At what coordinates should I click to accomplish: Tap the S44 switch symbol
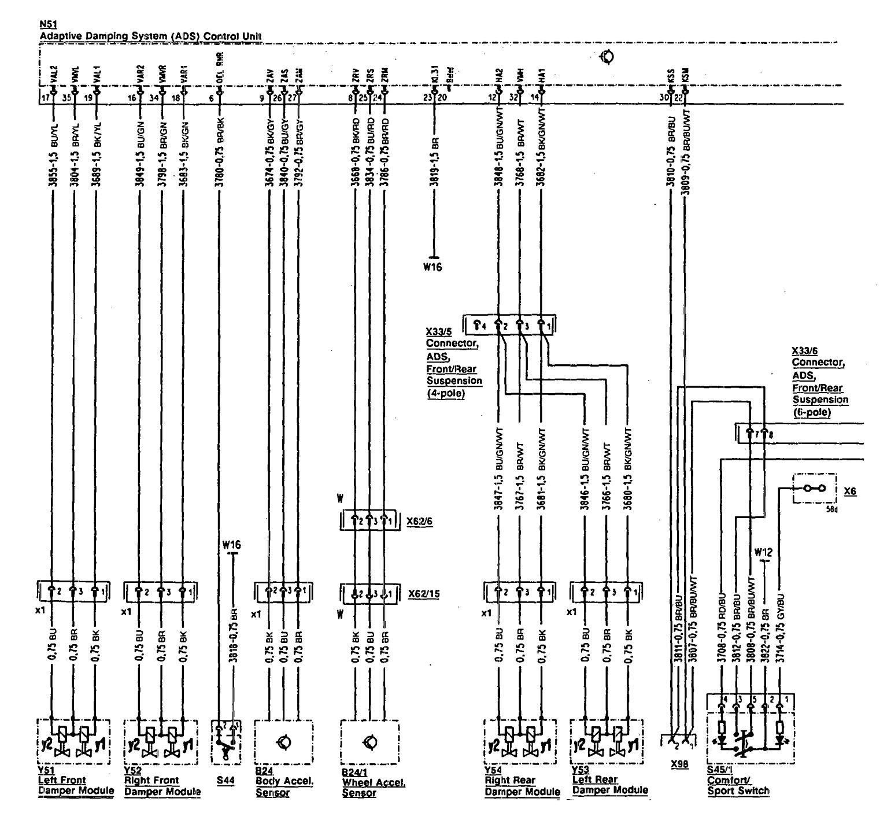pyautogui.click(x=225, y=742)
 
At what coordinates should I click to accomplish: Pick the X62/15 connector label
pyautogui.click(x=423, y=593)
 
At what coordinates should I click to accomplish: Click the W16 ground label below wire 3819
pyautogui.click(x=432, y=268)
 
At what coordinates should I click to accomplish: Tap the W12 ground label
pyautogui.click(x=764, y=552)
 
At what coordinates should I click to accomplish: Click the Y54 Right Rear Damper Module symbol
pyautogui.click(x=519, y=741)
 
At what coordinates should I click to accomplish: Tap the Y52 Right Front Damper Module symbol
pyautogui.click(x=160, y=741)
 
